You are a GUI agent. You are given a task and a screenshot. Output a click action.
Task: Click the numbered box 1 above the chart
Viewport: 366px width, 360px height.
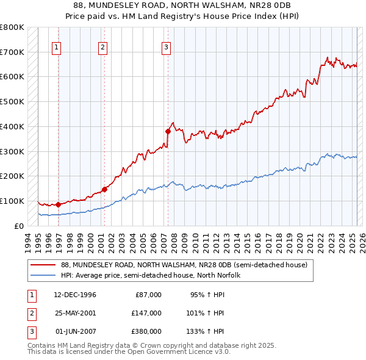[x=56, y=47]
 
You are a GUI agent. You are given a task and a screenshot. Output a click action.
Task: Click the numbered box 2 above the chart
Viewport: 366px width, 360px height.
[x=102, y=47]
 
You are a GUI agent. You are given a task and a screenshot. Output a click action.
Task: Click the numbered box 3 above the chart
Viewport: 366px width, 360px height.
[x=166, y=47]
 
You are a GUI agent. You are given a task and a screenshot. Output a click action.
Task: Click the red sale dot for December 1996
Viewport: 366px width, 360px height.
[x=59, y=204]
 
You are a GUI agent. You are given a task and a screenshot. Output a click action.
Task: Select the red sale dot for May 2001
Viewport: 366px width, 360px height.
[x=105, y=189]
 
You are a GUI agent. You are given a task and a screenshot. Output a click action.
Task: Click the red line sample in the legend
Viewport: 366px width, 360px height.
[x=43, y=265]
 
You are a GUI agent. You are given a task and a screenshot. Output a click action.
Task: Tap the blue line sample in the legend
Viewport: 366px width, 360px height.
[x=43, y=276]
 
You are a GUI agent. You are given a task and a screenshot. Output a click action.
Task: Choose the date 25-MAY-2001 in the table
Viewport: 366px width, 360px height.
[x=75, y=313]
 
